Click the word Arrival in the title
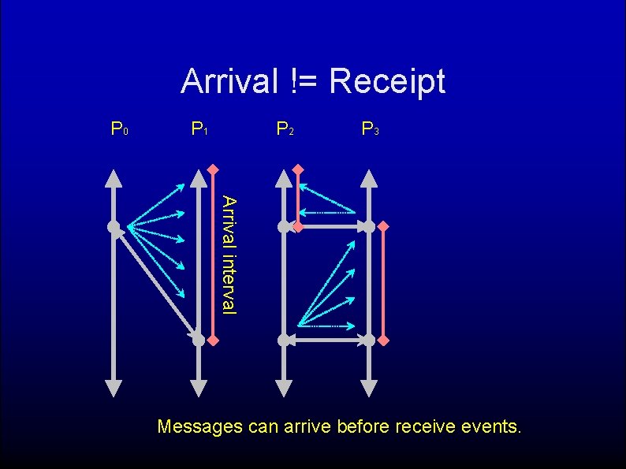229,80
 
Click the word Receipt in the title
386,81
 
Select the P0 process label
120,128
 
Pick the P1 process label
199,128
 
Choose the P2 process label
285,128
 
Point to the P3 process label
370,128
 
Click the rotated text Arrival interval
228,254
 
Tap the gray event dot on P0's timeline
114,227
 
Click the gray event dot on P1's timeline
199,340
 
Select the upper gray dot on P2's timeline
284,227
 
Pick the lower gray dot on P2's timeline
284,340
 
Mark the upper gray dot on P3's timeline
368,227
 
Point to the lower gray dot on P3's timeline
368,340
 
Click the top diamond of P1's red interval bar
213,169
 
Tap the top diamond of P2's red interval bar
297,169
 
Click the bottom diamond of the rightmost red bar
383,340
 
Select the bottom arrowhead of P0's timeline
114,387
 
